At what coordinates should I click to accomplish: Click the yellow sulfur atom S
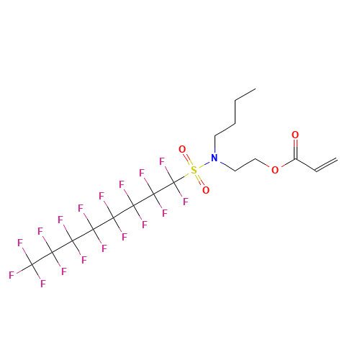194,170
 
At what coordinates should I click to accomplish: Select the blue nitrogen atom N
215,158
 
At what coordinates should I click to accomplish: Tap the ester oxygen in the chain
275,170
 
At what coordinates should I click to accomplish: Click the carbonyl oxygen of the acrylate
295,135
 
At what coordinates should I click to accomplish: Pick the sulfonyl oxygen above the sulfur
182,149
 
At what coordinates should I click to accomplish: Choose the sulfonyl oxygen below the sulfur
206,190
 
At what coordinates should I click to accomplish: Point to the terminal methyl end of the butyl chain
256,89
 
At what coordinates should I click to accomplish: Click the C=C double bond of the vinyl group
327,165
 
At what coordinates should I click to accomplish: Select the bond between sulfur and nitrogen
204,164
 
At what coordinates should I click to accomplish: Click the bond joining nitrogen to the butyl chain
215,145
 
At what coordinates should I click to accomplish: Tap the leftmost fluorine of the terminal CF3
12,275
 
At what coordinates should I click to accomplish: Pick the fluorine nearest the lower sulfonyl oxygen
186,202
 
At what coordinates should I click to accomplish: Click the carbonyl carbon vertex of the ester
296,159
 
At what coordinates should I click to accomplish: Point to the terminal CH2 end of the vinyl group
337,159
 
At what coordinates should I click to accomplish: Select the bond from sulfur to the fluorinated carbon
181,179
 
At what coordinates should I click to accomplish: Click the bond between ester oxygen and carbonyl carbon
288,163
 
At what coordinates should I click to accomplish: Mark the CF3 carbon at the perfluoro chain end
32,264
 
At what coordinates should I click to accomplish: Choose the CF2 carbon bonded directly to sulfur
174,182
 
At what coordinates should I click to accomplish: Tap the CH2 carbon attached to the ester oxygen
256,159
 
